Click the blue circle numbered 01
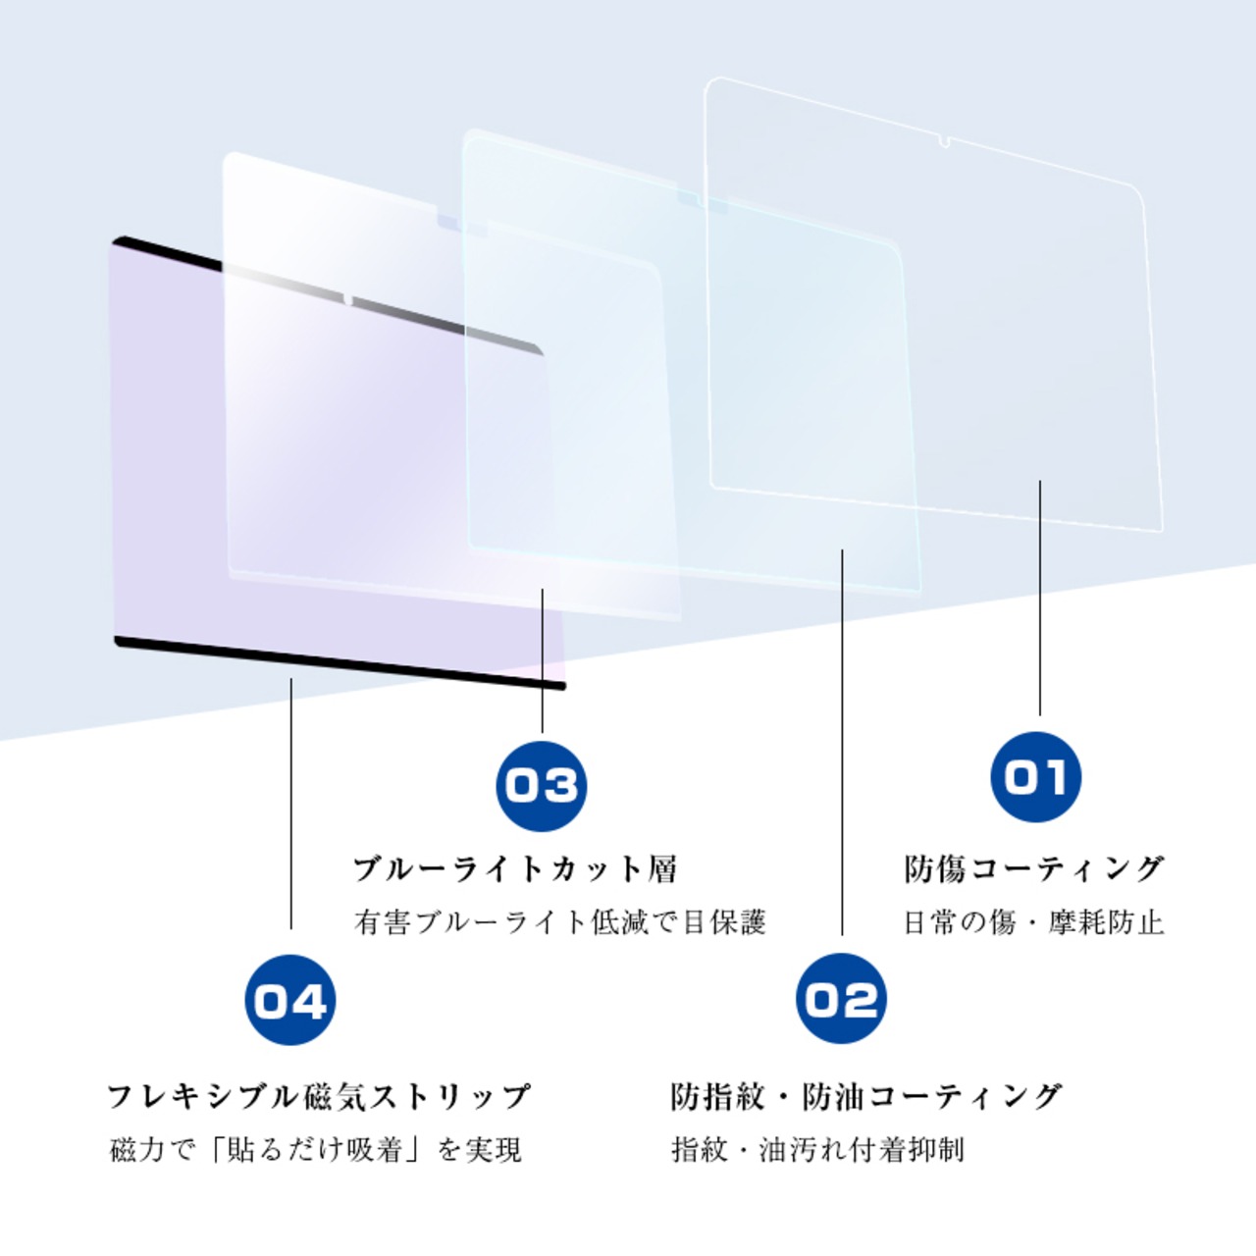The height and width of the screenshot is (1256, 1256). point(1035,777)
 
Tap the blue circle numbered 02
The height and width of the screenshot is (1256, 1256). point(841,999)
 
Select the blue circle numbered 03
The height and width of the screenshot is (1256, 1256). point(542,785)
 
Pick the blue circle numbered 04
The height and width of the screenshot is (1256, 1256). point(289,1000)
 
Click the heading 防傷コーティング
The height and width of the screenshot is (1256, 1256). point(1033,868)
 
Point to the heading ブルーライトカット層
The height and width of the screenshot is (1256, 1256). point(515,868)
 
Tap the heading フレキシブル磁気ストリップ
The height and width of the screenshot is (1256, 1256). point(319,1095)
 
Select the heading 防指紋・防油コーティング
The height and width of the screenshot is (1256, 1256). point(866,1095)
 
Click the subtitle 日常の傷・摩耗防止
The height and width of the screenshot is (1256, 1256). point(1033,922)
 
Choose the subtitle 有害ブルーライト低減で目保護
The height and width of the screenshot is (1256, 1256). point(559,922)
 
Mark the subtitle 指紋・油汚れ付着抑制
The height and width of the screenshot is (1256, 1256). point(817,1149)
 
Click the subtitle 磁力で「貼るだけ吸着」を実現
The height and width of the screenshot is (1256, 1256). point(315,1149)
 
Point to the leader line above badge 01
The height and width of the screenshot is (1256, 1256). point(1040,599)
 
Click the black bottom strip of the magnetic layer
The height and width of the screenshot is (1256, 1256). point(339,663)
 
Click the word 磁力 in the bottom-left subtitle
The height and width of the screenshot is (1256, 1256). point(136,1149)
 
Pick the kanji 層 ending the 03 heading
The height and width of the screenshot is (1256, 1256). point(661,868)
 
